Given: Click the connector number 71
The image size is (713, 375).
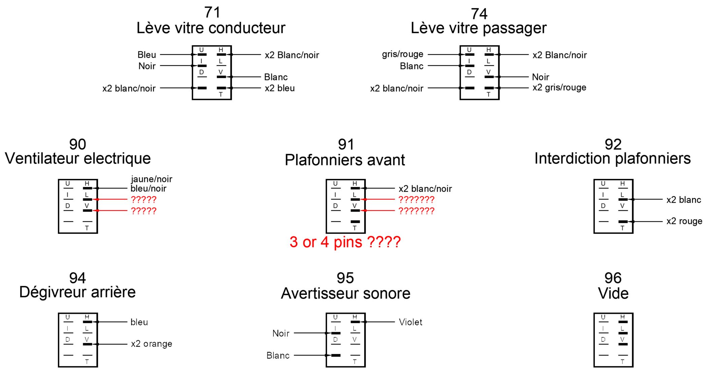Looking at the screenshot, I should [x=212, y=13].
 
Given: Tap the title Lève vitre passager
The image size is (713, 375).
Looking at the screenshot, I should [x=479, y=28].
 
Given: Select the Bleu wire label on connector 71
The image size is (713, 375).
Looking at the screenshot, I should [x=147, y=55].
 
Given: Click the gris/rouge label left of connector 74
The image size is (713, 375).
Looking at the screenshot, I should [x=402, y=54].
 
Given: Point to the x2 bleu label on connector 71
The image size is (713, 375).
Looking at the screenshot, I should [x=280, y=88].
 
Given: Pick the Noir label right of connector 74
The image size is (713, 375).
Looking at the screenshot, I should [x=540, y=77].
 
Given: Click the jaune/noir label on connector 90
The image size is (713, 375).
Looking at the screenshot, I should [x=152, y=179].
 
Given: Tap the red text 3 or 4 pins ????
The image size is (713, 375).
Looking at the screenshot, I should [x=345, y=242].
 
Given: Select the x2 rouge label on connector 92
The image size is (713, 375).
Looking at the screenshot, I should [x=684, y=221].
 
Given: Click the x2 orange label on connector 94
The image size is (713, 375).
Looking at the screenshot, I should [x=152, y=344].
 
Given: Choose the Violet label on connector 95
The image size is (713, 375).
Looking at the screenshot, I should [x=410, y=322].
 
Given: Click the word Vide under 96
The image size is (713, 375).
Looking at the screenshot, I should [x=613, y=294].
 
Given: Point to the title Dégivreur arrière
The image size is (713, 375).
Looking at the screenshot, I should [x=77, y=292].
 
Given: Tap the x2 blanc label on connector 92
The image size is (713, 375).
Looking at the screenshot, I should [x=683, y=200].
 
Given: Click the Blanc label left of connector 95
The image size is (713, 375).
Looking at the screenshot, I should [x=278, y=355].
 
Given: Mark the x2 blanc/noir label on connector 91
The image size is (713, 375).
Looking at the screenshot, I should [x=425, y=189].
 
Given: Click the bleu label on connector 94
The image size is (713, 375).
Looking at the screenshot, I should [x=139, y=322].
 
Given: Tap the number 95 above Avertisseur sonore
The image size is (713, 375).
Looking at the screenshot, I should [x=345, y=278].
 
